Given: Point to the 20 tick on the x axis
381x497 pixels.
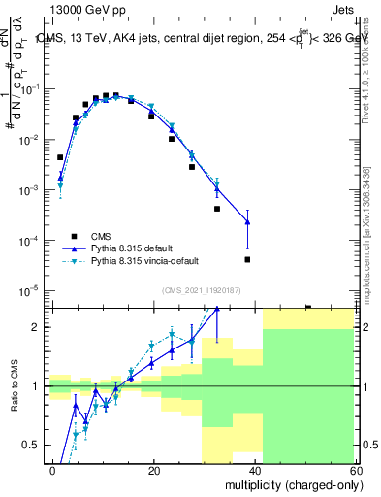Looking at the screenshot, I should click(x=154, y=470).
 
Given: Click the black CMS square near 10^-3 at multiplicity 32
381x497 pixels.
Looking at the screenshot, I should click(x=217, y=209).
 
